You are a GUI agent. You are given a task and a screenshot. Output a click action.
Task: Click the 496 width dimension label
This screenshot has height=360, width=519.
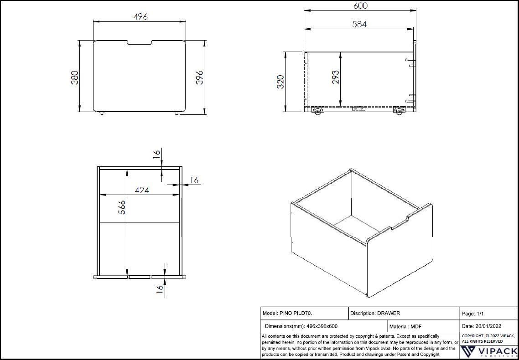pos(140,16)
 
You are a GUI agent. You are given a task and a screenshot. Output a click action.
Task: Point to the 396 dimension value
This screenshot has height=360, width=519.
pos(199,77)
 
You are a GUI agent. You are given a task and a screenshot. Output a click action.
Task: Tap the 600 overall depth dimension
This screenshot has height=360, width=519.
pos(360,6)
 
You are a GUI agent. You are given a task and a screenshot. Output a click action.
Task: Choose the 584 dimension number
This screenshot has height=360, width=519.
pos(359,24)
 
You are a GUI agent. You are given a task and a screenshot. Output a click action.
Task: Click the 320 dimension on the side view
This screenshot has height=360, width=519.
pos(280,82)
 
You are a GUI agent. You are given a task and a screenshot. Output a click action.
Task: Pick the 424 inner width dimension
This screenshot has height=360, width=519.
pos(142,190)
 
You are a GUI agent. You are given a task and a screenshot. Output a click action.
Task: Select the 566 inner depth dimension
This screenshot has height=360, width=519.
pos(122,208)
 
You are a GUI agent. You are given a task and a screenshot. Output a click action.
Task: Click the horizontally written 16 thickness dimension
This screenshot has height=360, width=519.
pos(194,180)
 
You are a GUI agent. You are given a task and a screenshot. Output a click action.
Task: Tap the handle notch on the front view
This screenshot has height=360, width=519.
pos(140,43)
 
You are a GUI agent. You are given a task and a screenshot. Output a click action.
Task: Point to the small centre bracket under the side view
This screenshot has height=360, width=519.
pos(358,109)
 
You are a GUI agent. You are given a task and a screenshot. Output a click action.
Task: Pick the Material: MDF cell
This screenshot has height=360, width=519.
pos(405,326)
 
